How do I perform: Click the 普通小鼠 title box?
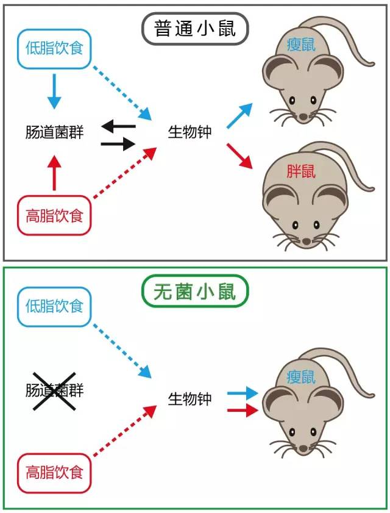click(195, 29)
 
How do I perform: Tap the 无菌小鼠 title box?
click(195, 292)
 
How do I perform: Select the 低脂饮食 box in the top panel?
click(54, 47)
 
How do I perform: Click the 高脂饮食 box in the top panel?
click(54, 215)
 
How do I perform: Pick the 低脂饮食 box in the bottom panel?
click(54, 306)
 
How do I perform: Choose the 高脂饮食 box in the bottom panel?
click(54, 472)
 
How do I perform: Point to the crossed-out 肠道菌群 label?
click(54, 391)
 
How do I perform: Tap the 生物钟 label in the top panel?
click(190, 132)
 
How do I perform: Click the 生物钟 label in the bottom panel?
click(190, 399)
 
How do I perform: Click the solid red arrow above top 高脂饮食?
click(54, 173)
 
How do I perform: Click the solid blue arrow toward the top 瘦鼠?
click(239, 115)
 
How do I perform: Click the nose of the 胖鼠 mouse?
click(305, 242)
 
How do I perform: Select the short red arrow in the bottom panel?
click(243, 411)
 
